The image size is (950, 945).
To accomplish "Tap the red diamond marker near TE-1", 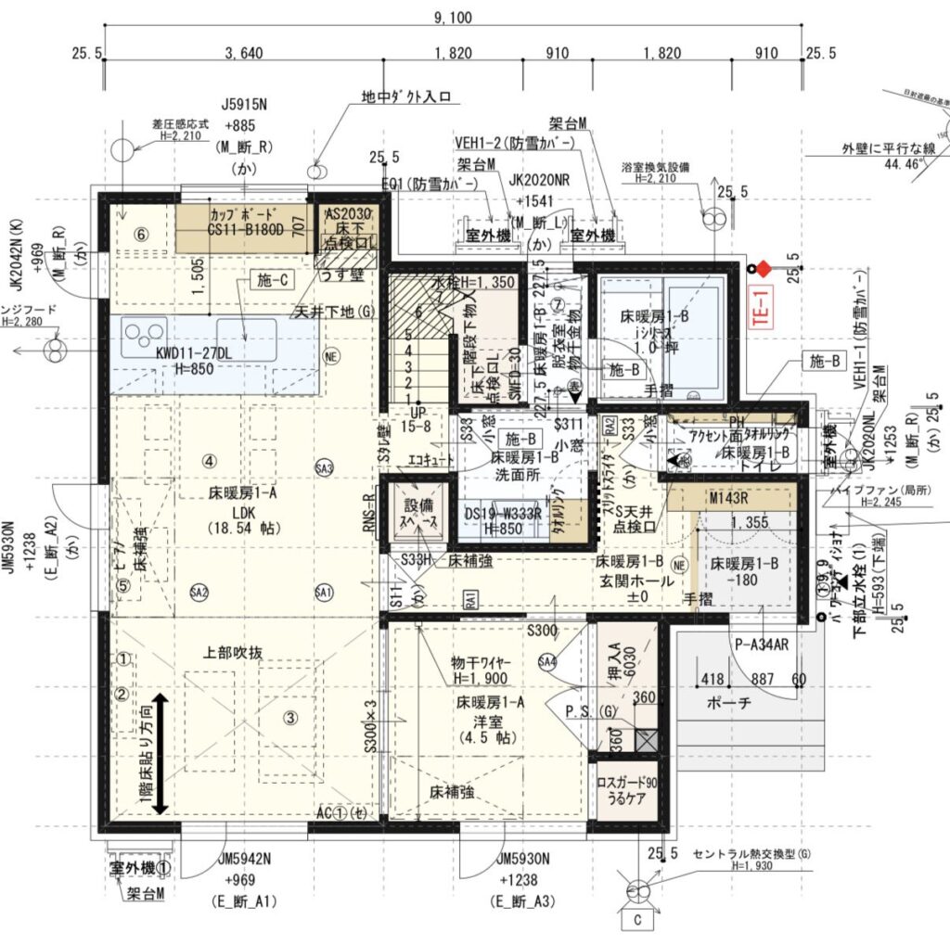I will tap(763, 269).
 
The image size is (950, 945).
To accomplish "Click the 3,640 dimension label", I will tap(244, 53).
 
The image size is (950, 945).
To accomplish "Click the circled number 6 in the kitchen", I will tap(141, 234).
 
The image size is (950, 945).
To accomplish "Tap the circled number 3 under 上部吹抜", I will tap(289, 717).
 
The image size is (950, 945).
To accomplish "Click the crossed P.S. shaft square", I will tap(646, 740).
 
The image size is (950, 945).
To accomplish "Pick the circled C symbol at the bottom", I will tap(638, 919).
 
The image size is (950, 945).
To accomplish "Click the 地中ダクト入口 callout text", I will tap(406, 96).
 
